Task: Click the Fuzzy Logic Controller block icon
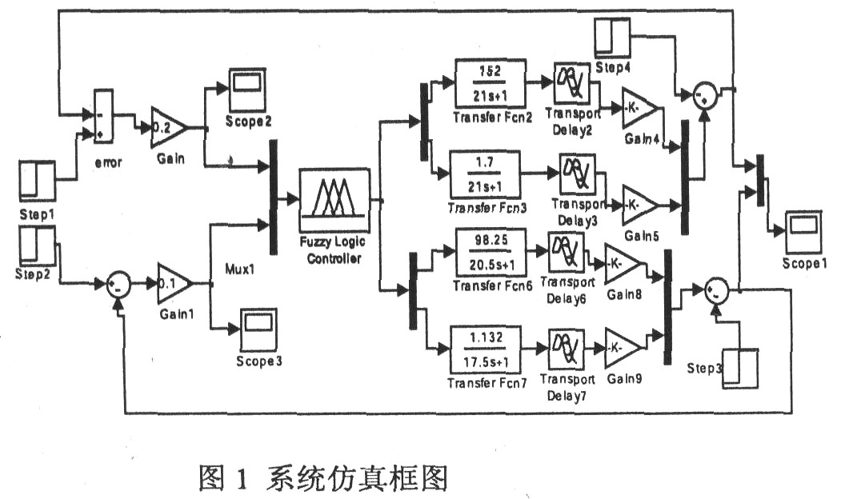[x=334, y=195]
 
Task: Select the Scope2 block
[x=249, y=85]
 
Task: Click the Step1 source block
[x=36, y=181]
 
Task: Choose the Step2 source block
[x=36, y=245]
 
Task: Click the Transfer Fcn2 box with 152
[x=488, y=83]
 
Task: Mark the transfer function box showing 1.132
[x=486, y=349]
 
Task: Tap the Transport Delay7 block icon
[x=567, y=348]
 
